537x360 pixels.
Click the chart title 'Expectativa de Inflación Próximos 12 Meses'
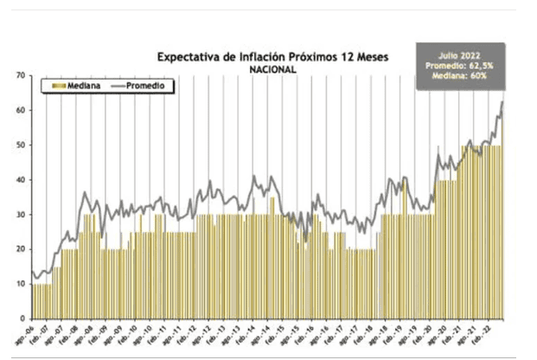pyautogui.click(x=272, y=57)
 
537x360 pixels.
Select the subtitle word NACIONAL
pyautogui.click(x=272, y=69)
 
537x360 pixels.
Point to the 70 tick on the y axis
pyautogui.click(x=20, y=76)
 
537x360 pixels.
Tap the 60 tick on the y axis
pyautogui.click(x=20, y=111)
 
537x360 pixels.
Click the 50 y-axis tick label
pyautogui.click(x=20, y=145)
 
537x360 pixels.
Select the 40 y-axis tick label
pyautogui.click(x=20, y=180)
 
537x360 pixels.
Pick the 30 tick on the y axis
pyautogui.click(x=20, y=215)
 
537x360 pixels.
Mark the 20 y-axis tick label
pyautogui.click(x=20, y=249)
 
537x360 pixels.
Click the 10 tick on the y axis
pyautogui.click(x=20, y=284)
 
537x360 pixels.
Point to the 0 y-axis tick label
pyautogui.click(x=22, y=318)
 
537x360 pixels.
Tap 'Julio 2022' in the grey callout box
pyautogui.click(x=458, y=54)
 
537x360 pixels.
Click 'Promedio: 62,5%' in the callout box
pyautogui.click(x=458, y=65)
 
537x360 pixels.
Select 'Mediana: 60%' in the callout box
pyautogui.click(x=458, y=76)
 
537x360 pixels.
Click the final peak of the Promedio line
pyautogui.click(x=503, y=102)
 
